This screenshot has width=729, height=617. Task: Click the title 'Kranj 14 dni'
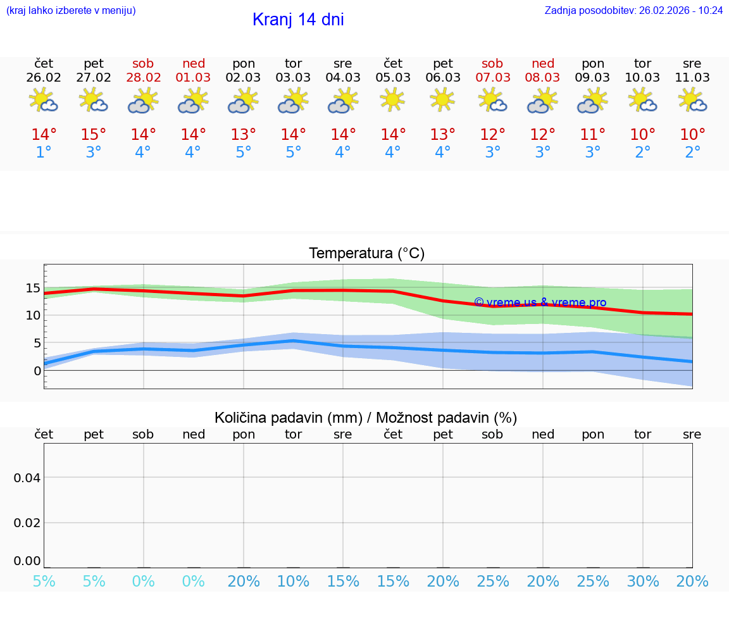(x=298, y=20)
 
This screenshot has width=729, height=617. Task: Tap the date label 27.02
(x=94, y=77)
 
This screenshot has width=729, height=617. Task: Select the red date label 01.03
(x=194, y=77)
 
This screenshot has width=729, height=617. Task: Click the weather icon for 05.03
(x=393, y=99)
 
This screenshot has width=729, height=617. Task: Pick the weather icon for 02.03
(x=244, y=100)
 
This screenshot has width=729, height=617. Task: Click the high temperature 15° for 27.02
(x=94, y=135)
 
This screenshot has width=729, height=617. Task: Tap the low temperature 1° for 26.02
(x=44, y=153)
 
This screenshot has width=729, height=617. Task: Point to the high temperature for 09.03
(x=593, y=135)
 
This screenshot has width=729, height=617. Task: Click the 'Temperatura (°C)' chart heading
(x=366, y=253)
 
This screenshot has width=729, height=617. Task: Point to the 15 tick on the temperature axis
(x=33, y=289)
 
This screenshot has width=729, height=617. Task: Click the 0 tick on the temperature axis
(x=37, y=371)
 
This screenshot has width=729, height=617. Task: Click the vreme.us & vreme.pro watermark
(x=540, y=302)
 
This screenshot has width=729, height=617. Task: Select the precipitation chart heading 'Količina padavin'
(x=366, y=418)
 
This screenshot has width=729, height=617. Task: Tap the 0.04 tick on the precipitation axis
(x=27, y=478)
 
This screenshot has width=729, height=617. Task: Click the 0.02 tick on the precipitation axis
(x=27, y=523)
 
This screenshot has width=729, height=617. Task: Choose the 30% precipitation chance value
(x=643, y=581)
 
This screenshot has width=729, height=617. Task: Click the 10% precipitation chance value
(x=294, y=581)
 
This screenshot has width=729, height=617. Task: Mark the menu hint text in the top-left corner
(x=71, y=10)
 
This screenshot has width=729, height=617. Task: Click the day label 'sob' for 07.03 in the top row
(x=492, y=63)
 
